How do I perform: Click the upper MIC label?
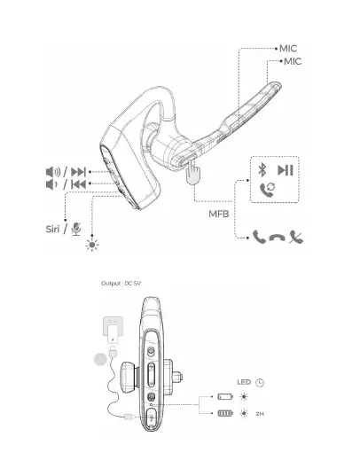[287, 48]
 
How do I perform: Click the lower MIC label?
[293, 61]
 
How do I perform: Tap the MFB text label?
[218, 214]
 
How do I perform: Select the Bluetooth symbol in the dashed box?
[262, 169]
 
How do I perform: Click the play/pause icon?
[286, 170]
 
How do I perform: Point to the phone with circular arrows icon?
[268, 190]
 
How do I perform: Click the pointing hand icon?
[192, 172]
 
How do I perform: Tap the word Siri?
[52, 229]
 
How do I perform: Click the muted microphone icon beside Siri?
[76, 230]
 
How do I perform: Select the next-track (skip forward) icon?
[78, 172]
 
